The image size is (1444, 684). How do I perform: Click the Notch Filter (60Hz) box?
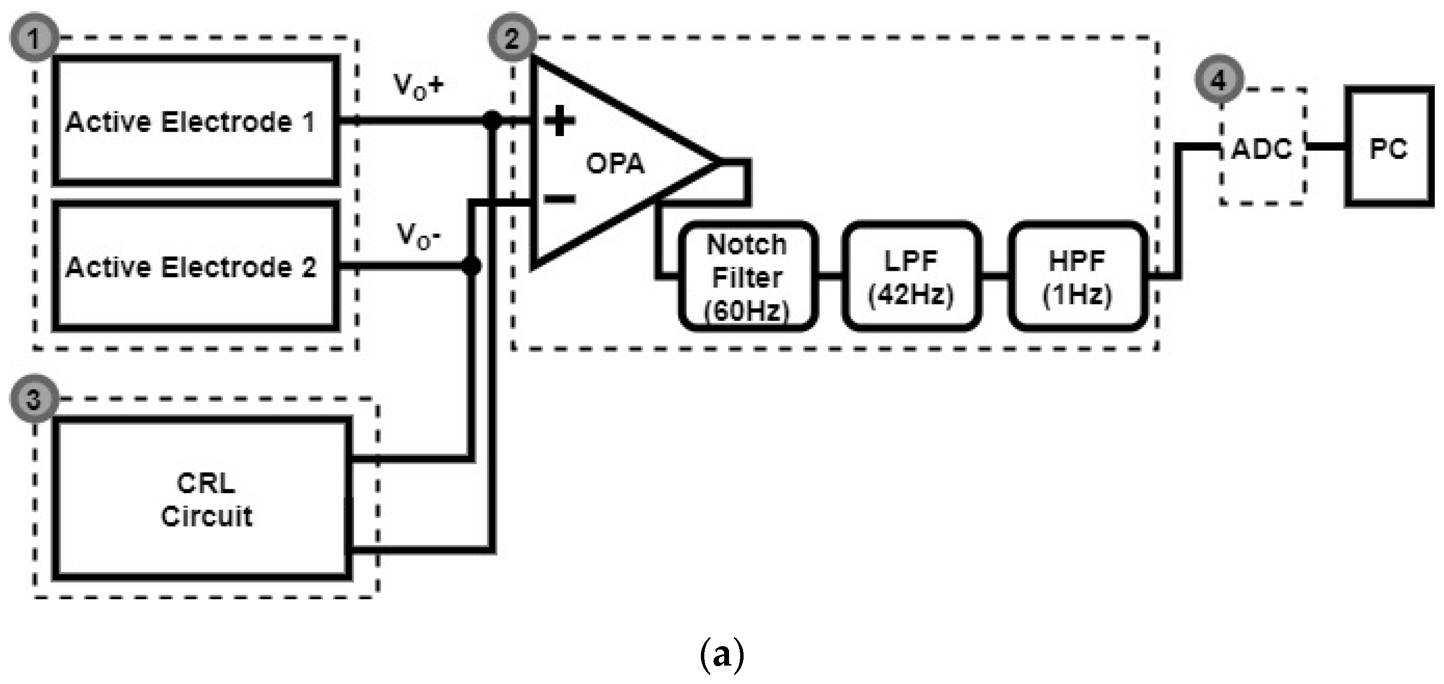click(747, 276)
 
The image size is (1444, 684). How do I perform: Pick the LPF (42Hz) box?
click(911, 276)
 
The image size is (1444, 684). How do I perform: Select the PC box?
click(1389, 147)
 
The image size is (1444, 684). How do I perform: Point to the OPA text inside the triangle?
click(616, 164)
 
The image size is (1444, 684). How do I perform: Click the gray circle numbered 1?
click(33, 39)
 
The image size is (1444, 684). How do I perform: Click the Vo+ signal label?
click(418, 87)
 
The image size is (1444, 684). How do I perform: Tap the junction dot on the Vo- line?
click(472, 266)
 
